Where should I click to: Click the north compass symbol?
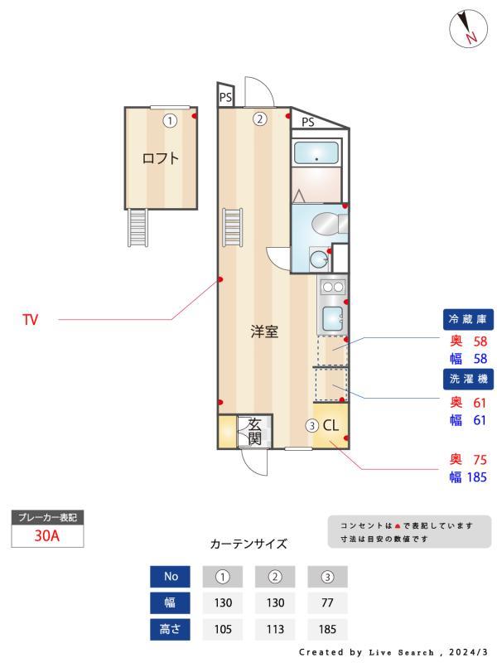[468, 29]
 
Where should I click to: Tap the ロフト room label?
[161, 158]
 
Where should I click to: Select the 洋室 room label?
[264, 331]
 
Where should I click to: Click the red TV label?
[30, 319]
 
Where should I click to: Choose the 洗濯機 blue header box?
[470, 380]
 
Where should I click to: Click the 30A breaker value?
[46, 535]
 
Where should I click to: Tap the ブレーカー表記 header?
[47, 517]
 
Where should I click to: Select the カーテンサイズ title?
[248, 544]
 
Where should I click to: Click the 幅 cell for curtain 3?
[327, 603]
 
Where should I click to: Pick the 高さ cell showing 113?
[276, 629]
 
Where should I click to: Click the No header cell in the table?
[171, 576]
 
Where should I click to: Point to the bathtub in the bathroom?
[316, 153]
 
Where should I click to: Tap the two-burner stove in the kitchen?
[332, 288]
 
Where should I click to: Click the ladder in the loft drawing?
[138, 227]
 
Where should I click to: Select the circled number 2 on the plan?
[259, 119]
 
